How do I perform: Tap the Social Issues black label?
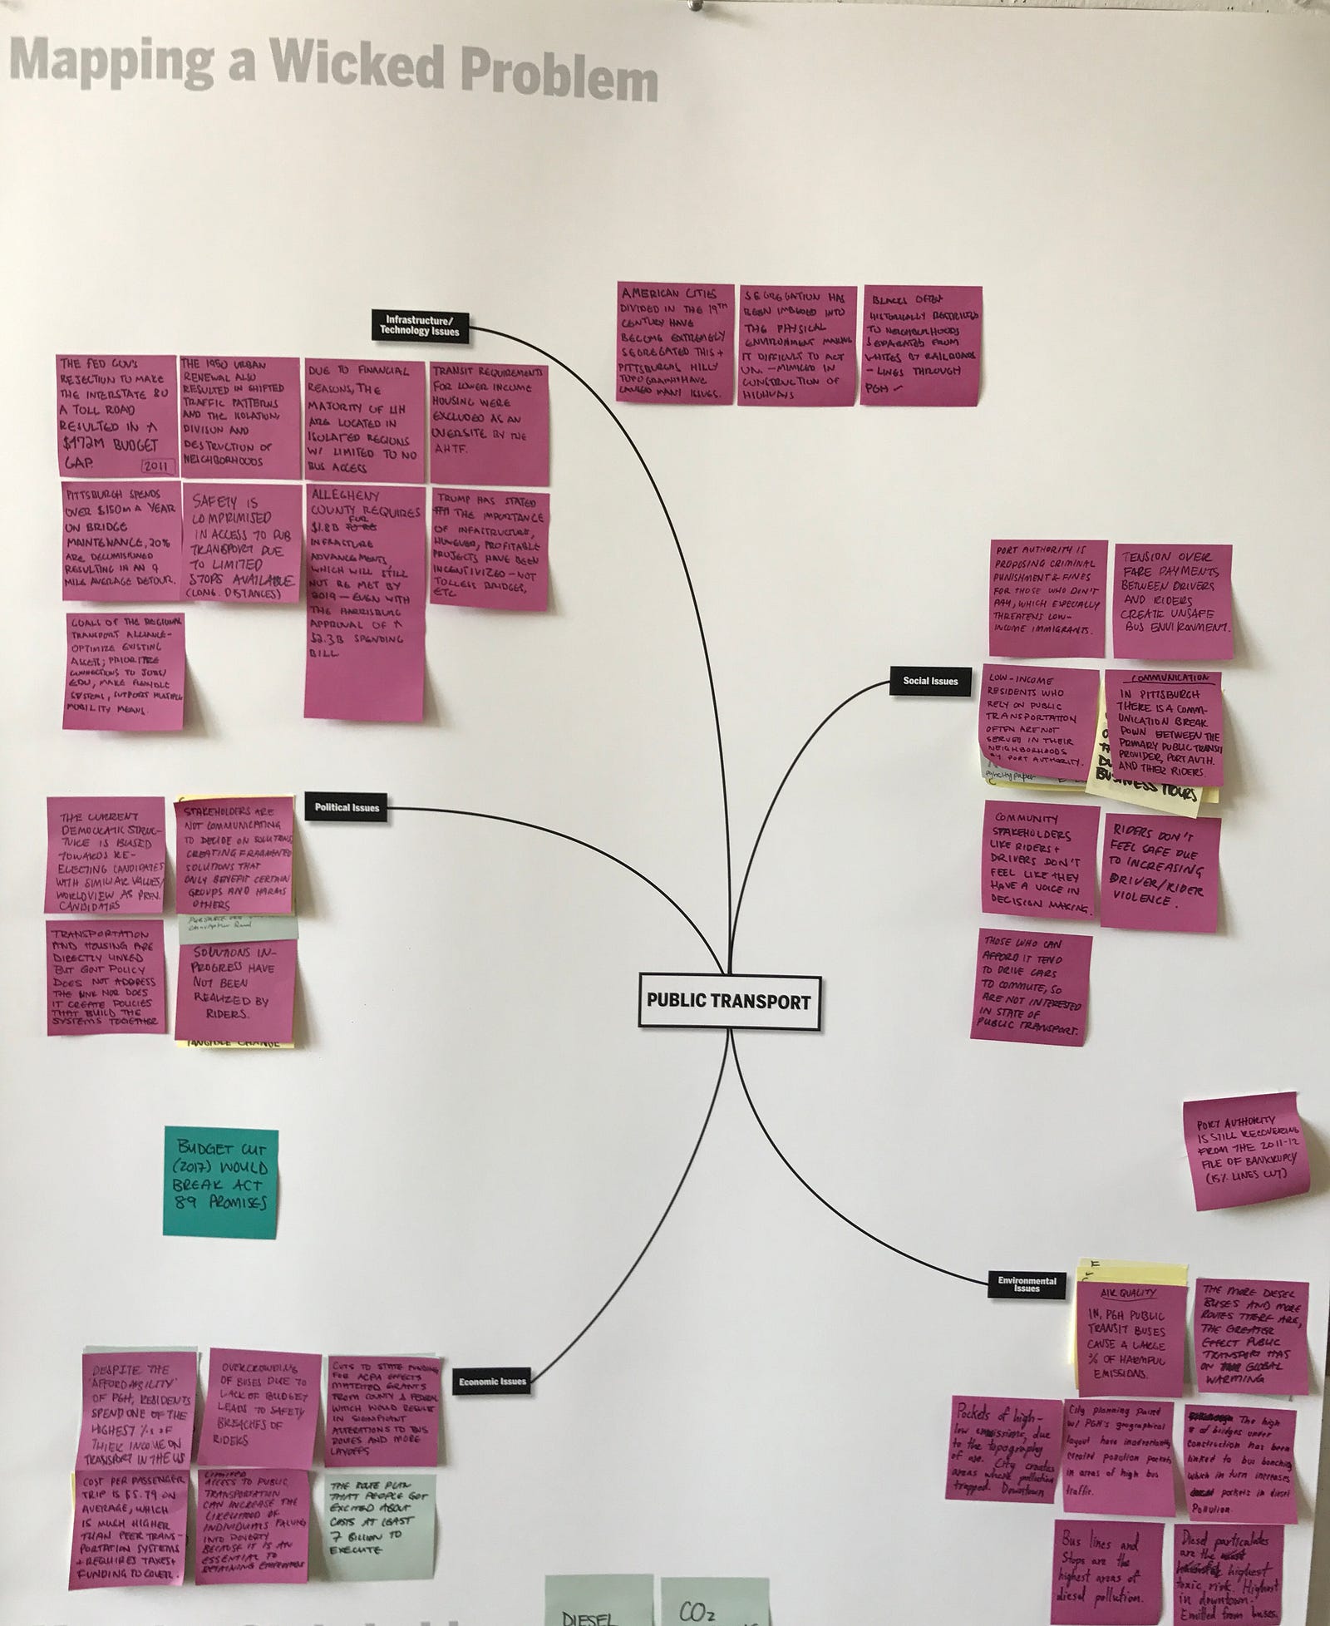pyautogui.click(x=930, y=681)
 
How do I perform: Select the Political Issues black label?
pyautogui.click(x=347, y=807)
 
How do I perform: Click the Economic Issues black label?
pyautogui.click(x=493, y=1382)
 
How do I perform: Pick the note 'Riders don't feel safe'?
pyautogui.click(x=1161, y=874)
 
